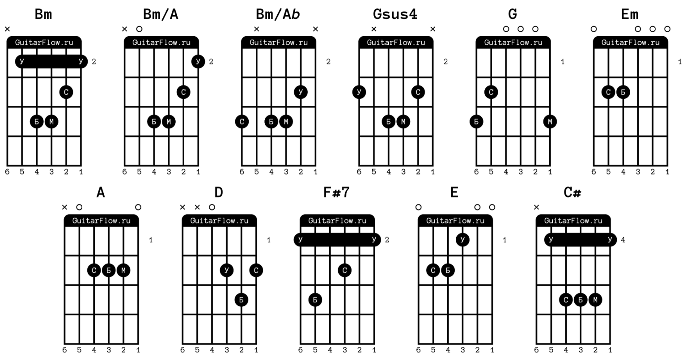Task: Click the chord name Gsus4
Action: coord(395,14)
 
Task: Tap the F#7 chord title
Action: coord(336,192)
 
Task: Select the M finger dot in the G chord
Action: coord(550,121)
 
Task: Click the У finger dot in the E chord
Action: coord(462,240)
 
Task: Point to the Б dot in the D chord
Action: coord(241,300)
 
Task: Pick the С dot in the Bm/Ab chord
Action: coord(242,121)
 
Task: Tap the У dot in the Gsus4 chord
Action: coord(359,92)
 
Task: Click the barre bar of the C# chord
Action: coord(580,240)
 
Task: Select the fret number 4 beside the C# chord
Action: coord(623,240)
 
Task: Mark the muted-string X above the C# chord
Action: coord(537,207)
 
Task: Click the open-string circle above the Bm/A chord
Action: coord(139,29)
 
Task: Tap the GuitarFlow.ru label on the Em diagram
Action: coord(630,42)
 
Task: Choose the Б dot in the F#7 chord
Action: coord(315,300)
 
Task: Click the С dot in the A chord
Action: coord(94,270)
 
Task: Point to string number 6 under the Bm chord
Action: coord(7,172)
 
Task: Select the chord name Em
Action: coord(630,14)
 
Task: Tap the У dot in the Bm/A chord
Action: coord(198,61)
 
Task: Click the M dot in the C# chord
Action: coord(595,300)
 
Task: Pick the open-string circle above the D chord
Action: coord(212,207)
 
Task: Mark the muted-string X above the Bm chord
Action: coord(7,29)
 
